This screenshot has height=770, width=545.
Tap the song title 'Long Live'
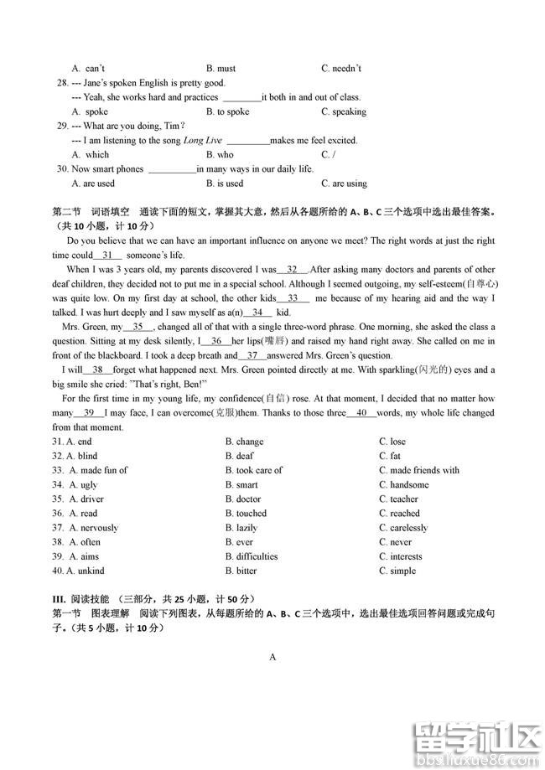(202, 140)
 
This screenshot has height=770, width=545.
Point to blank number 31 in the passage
(107, 255)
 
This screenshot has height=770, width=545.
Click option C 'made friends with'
(424, 470)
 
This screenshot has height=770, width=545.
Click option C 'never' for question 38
(401, 542)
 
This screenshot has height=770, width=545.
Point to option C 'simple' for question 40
(402, 571)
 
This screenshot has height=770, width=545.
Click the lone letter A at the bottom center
(272, 657)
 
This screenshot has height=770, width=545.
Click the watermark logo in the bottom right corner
(475, 729)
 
